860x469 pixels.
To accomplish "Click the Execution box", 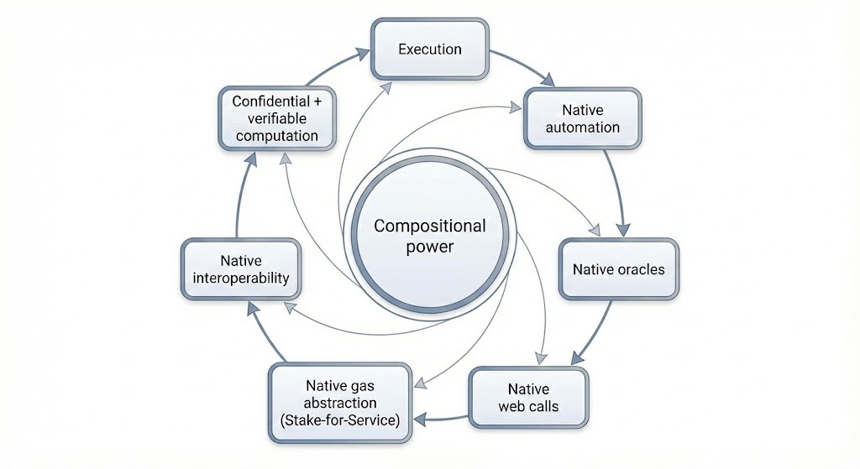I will point(430,50).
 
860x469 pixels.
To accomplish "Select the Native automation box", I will point(582,119).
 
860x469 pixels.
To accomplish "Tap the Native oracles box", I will point(618,269).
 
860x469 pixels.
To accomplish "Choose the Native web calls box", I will point(528,398).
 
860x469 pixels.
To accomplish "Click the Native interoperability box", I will point(239,269).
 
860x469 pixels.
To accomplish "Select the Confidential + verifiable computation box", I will point(276,118).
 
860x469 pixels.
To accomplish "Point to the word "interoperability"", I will point(239,278).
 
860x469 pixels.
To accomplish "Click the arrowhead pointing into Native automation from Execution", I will point(548,81).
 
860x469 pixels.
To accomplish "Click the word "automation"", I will point(582,128).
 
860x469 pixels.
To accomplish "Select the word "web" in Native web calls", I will point(510,406).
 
